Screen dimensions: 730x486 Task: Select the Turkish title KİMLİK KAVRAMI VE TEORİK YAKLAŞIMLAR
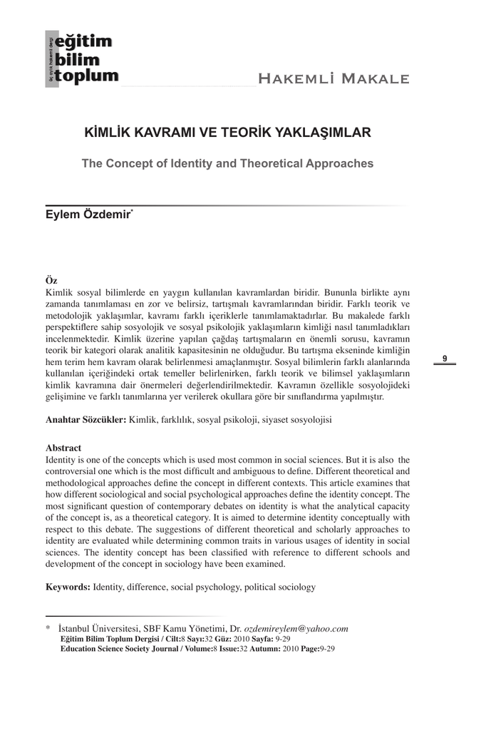[227, 133]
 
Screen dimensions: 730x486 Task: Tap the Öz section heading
[51, 280]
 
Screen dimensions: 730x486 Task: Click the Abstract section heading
[63, 448]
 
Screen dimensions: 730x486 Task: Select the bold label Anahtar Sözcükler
[86, 421]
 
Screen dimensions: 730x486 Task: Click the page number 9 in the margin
[445, 359]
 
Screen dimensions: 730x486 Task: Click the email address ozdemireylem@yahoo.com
[296, 629]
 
